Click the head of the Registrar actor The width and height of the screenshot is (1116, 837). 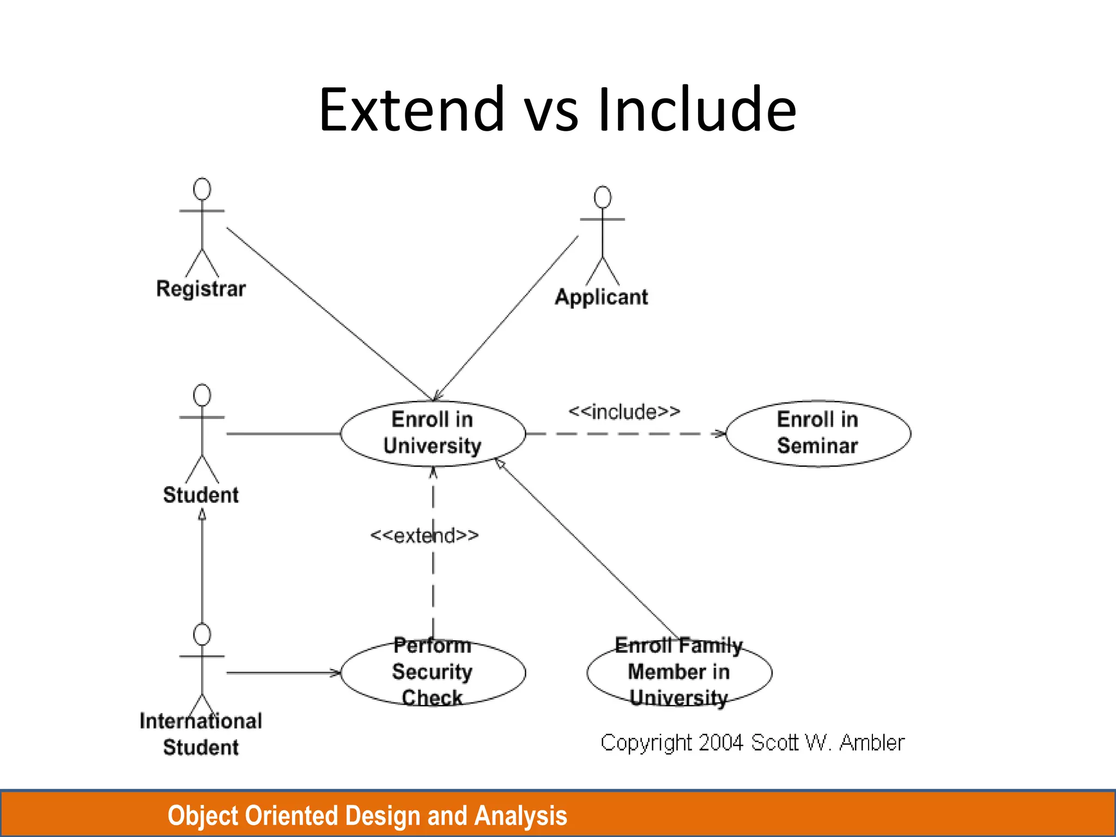pos(202,189)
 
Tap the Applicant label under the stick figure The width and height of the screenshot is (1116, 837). pos(602,298)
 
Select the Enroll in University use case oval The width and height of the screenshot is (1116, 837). pos(433,433)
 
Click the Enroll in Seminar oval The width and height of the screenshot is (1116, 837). pos(818,433)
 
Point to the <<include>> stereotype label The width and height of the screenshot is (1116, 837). pos(624,411)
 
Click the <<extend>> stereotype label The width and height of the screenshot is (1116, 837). pos(424,535)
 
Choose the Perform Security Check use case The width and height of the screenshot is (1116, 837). pos(433,672)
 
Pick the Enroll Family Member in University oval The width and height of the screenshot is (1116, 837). pos(679,672)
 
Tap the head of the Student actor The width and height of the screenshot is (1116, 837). pos(202,395)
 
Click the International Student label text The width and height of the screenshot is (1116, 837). pos(201,734)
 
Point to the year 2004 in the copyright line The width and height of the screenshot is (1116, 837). pos(720,743)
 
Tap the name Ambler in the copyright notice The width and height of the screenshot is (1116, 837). pos(872,743)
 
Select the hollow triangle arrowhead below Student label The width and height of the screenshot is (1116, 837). pos(202,514)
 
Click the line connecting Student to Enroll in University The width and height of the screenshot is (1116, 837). pos(283,434)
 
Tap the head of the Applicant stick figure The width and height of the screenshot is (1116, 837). pos(603,197)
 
